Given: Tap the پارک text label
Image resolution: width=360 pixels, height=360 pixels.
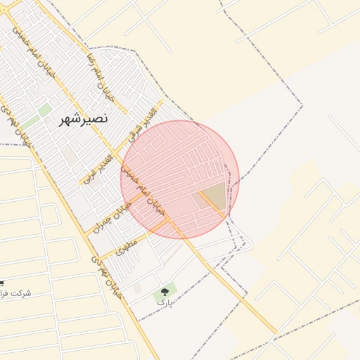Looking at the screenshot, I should point(164,302).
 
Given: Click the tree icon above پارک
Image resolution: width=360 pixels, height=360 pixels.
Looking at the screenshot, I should point(166,289).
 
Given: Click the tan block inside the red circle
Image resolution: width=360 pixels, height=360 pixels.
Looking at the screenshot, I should point(214,196).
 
